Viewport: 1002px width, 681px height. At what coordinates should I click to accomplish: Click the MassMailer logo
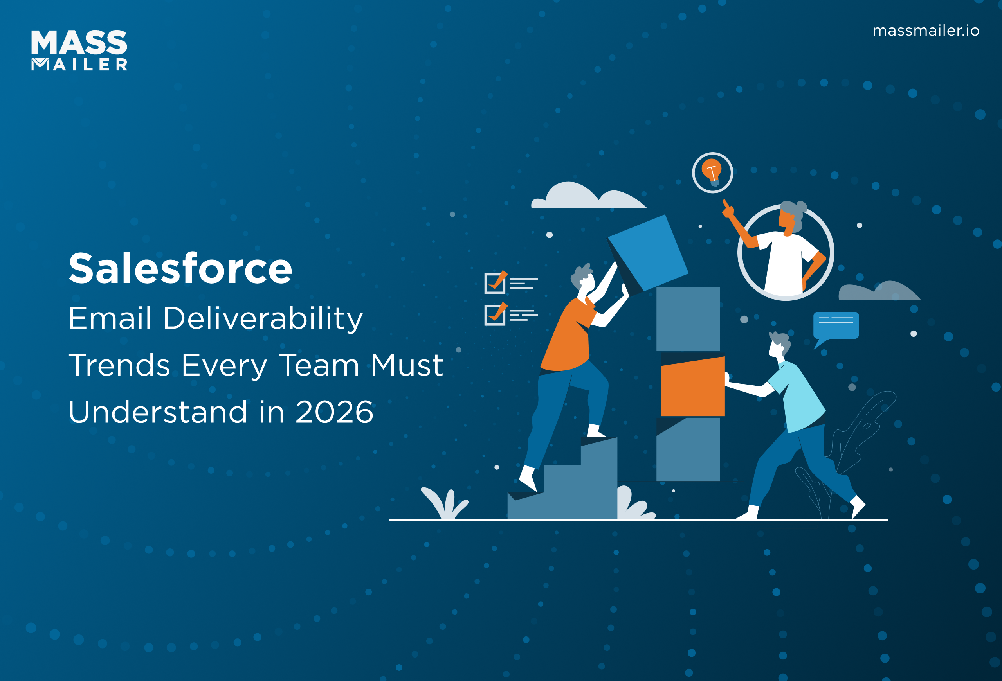coord(79,50)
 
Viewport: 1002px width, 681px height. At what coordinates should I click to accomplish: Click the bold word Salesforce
coord(180,269)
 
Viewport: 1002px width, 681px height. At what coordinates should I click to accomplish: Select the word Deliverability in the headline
coord(263,319)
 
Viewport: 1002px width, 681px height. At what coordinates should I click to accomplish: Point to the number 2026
coord(334,412)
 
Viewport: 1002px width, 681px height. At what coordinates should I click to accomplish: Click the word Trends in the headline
coord(119,365)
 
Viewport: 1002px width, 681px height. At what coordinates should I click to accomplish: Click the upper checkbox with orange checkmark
coord(495,283)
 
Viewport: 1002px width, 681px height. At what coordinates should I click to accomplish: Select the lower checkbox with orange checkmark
coord(495,314)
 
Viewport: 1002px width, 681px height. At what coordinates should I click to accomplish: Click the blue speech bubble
coord(836,326)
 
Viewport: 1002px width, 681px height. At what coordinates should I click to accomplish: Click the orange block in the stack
coord(692,387)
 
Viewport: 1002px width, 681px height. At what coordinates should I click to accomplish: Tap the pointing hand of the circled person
coord(728,209)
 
